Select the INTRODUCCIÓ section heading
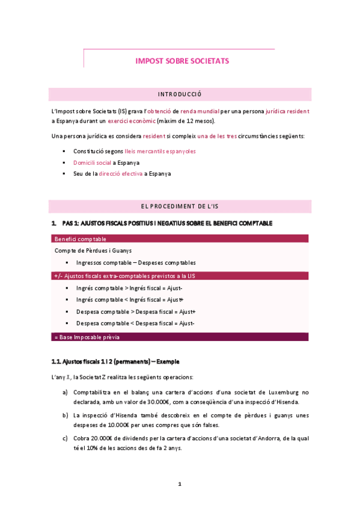click(179, 94)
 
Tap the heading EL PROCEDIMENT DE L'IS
click(180, 206)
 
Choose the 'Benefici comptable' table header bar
click(180, 239)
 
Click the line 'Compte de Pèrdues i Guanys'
click(93, 250)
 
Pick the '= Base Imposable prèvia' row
click(180, 337)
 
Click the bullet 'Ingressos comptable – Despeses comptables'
click(136, 263)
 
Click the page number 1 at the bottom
click(180, 484)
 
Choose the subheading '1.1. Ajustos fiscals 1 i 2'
click(115, 361)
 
